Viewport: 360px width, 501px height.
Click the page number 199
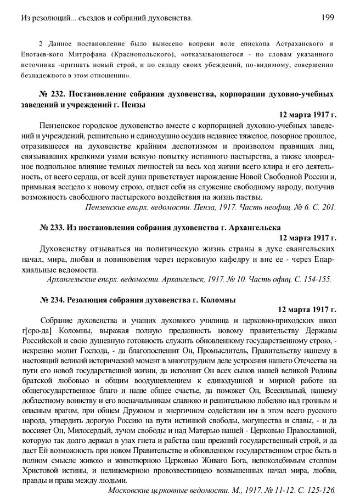(329, 19)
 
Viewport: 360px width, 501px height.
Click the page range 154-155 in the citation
(318, 279)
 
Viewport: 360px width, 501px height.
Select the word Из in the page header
(22, 19)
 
